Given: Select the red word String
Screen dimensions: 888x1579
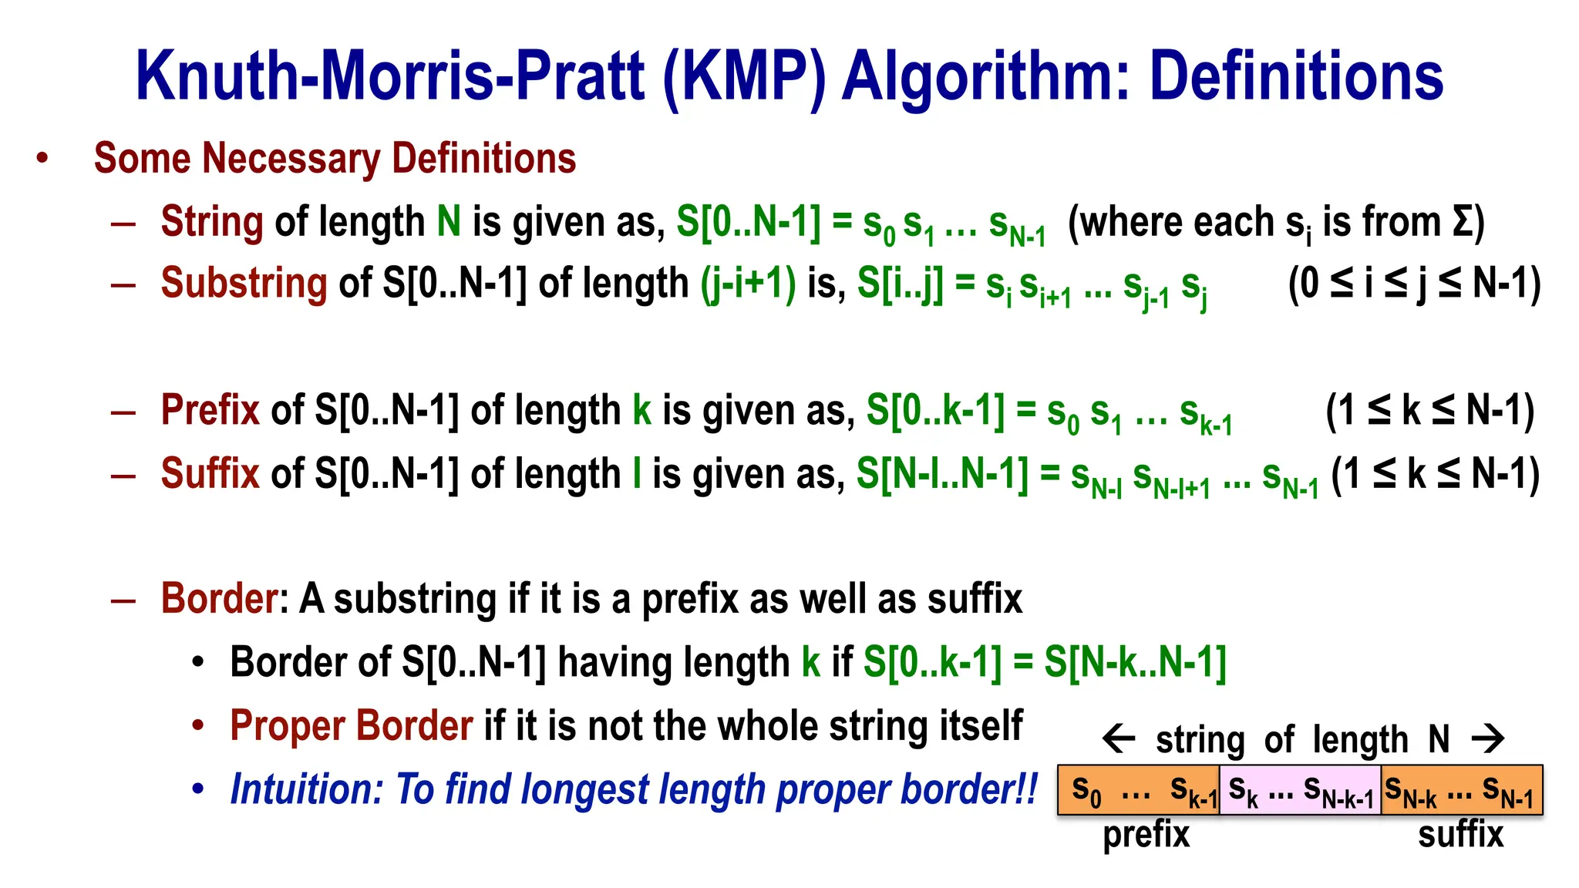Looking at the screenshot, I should click(212, 222).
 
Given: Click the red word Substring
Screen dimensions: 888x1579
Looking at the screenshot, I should click(244, 283).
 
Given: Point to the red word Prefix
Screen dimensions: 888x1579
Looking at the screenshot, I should click(210, 409).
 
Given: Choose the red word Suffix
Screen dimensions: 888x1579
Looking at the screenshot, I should click(210, 473).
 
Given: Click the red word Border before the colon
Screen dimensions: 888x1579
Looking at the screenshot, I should click(219, 598).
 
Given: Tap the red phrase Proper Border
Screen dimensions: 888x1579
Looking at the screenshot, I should click(352, 725).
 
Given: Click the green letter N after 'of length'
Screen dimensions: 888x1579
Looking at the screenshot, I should click(449, 222).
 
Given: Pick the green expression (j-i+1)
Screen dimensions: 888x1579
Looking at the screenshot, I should click(748, 283).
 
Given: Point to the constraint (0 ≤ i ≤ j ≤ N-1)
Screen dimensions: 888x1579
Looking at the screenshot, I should click(1414, 283).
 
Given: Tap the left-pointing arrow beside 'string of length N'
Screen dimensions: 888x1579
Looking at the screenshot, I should click(1119, 739).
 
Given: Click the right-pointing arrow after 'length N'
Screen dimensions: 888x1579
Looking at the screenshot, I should click(1487, 739).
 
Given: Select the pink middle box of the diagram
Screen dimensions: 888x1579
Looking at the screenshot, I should click(1300, 790).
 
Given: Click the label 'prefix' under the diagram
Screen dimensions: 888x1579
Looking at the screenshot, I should click(1146, 835).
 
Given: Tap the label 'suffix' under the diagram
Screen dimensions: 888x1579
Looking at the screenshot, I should click(1460, 835).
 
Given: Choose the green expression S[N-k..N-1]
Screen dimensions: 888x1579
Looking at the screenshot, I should click(1135, 662).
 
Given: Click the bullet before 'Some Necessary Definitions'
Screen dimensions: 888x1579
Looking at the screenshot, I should click(42, 159).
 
